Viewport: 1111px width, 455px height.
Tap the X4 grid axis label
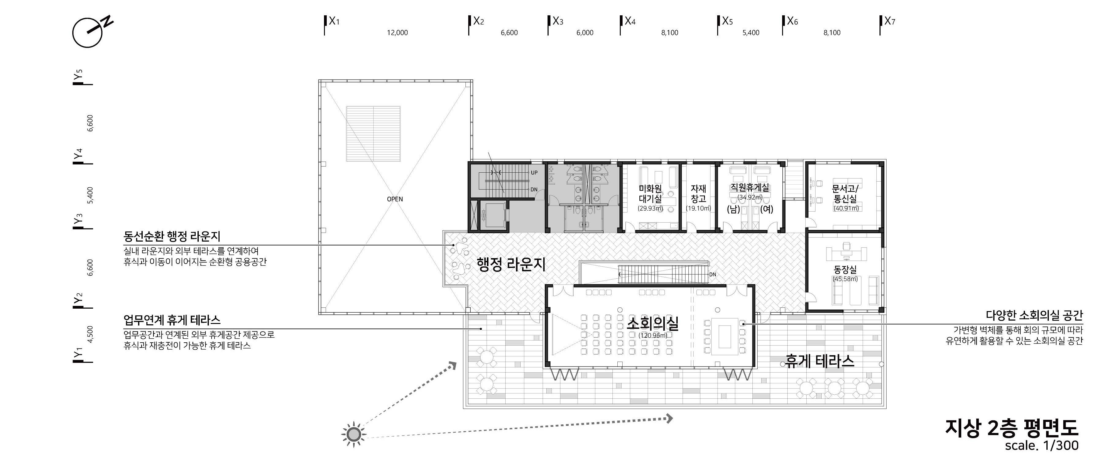(630, 21)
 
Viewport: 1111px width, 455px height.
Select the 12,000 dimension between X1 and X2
(397, 32)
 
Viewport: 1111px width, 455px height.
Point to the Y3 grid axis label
(78, 219)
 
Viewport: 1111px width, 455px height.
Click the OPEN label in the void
(395, 199)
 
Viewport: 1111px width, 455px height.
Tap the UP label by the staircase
(534, 172)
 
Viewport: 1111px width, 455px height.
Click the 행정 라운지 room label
(511, 264)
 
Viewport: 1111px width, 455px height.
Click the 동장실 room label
(845, 269)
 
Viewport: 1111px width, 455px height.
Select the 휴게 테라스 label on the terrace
(819, 361)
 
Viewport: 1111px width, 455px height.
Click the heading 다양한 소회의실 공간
(1034, 315)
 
